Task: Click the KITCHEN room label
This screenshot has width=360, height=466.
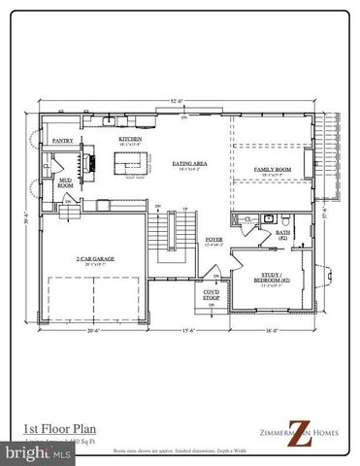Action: coord(130,139)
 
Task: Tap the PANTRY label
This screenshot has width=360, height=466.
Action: coord(63,140)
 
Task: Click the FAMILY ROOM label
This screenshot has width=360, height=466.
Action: coord(269,170)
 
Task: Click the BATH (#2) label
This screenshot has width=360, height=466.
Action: coord(284,234)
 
